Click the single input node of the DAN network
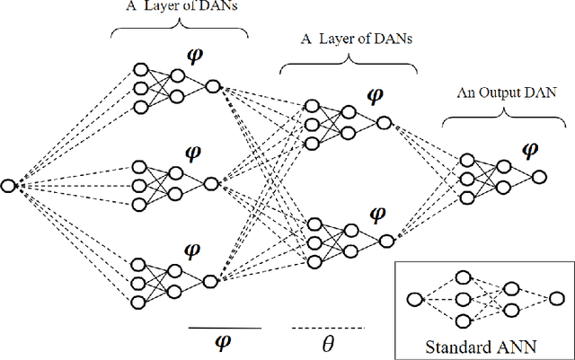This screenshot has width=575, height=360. point(9,186)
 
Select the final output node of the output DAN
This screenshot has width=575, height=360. point(538,177)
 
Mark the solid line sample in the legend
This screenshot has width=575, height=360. point(225,328)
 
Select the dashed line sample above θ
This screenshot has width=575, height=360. point(328,328)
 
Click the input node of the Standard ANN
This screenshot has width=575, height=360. point(414,300)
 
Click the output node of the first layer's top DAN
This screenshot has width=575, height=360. point(212,86)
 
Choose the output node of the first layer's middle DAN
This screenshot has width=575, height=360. point(211,184)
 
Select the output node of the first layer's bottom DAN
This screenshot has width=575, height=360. point(210,281)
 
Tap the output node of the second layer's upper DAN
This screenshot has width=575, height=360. point(384,123)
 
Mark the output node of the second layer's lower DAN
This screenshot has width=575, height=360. point(385,241)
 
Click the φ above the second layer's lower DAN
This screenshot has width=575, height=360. point(378,215)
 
